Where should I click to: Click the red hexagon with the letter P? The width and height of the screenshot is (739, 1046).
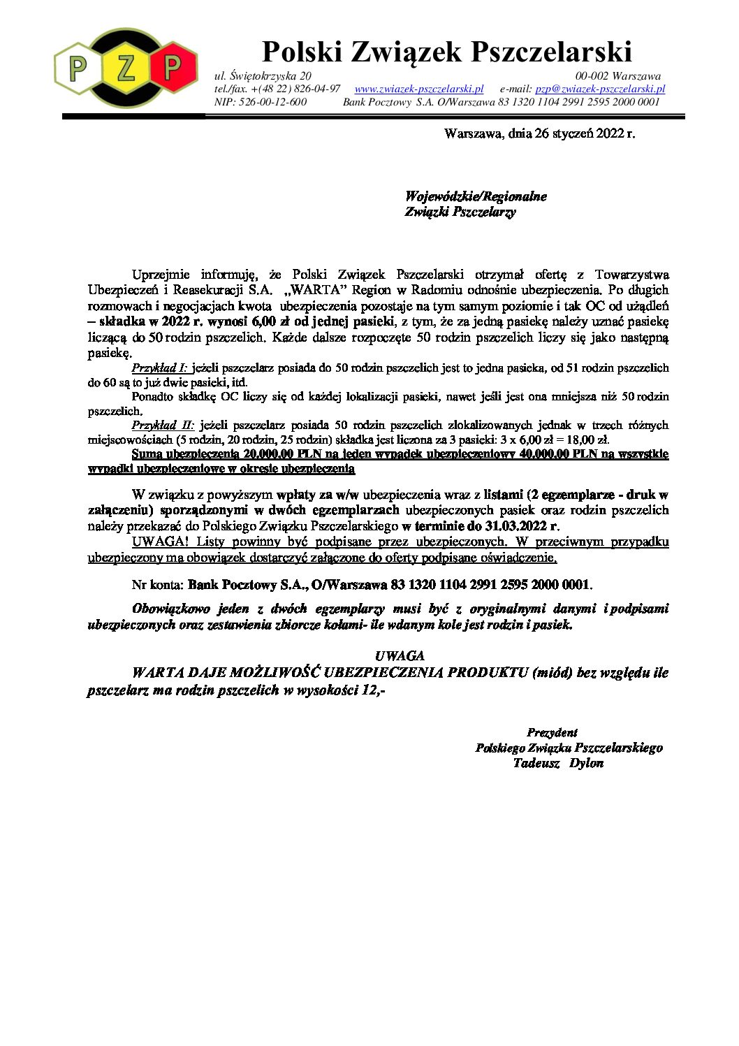coord(171,67)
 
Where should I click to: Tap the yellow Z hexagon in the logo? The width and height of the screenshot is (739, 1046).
coord(126,68)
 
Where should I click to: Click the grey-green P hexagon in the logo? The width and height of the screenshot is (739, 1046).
coord(79,68)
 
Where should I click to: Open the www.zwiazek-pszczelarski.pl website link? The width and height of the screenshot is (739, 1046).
coord(419,89)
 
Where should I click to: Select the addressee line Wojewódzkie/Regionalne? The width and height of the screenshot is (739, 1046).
coord(476,196)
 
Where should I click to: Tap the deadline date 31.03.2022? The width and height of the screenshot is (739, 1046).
coord(515,525)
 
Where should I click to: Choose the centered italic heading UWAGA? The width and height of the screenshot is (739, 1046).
coord(399,655)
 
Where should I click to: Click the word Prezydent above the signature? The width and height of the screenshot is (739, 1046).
coord(552,732)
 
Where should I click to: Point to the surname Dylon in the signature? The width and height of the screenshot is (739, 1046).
coord(586,763)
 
